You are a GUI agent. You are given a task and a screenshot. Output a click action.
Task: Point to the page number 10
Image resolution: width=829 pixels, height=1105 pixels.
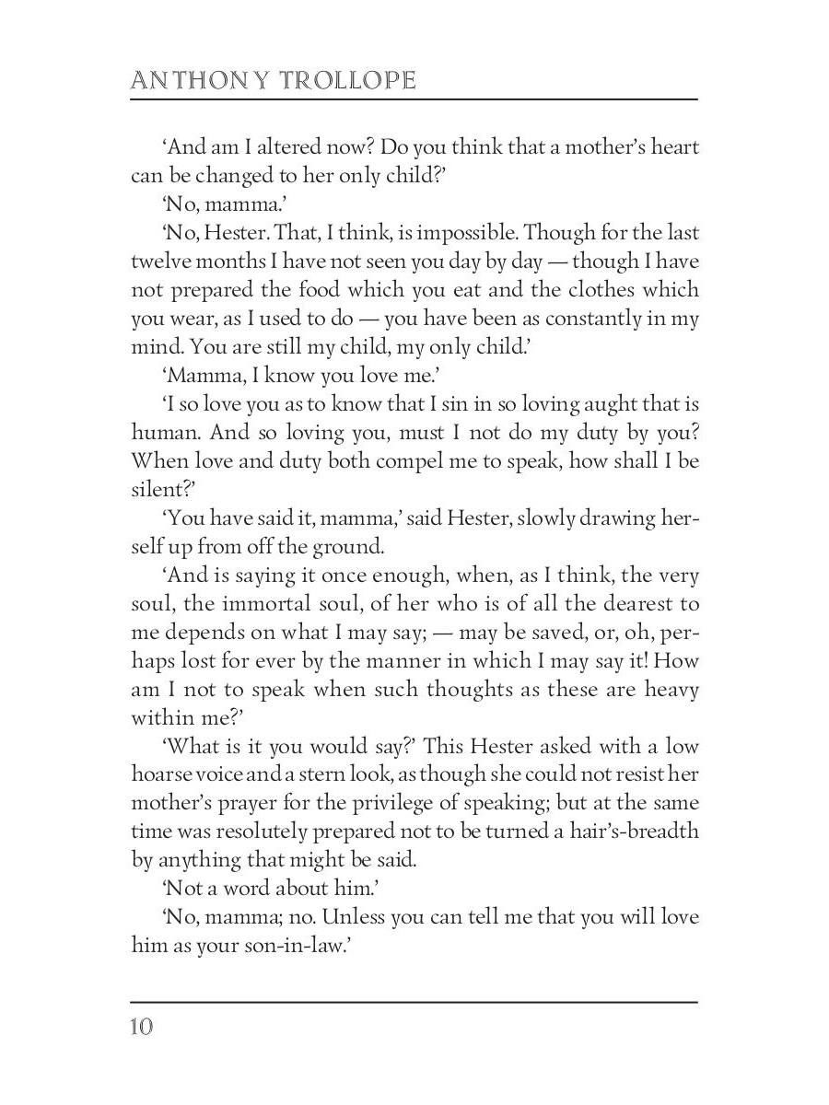(141, 1027)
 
